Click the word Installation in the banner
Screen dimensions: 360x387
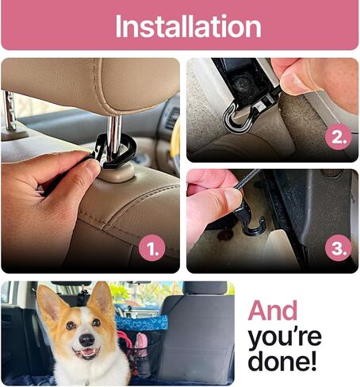(188, 26)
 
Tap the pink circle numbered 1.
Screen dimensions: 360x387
(152, 248)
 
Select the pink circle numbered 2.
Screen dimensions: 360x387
(338, 136)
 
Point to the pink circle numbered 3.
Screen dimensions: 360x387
(339, 248)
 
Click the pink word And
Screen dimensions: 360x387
(273, 310)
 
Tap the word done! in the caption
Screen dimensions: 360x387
(282, 361)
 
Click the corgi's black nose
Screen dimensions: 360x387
(86, 340)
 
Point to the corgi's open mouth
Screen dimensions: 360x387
(86, 353)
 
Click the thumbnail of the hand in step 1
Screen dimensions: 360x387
(92, 167)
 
